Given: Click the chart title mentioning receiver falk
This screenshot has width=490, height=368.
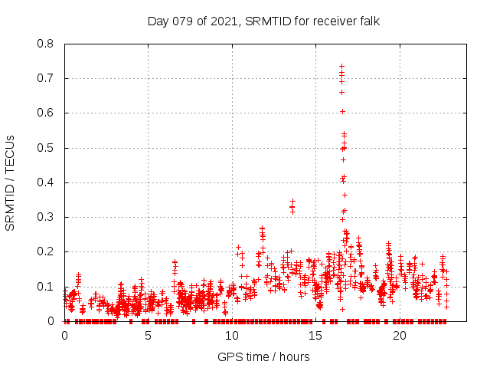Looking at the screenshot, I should tap(263, 21).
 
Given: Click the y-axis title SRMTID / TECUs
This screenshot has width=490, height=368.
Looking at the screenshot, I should tap(10, 183).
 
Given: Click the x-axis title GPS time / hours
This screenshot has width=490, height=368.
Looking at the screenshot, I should tap(263, 356).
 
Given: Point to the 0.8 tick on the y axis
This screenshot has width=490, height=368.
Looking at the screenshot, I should tap(46, 44).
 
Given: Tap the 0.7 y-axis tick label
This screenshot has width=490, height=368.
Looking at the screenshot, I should tap(46, 78).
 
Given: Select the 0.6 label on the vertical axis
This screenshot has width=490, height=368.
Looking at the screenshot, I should tap(46, 113).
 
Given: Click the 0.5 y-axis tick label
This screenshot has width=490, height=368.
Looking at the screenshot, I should tap(46, 148).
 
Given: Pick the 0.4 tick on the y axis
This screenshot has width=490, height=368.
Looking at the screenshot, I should tap(46, 182).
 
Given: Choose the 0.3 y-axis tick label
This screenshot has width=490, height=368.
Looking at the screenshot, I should tap(46, 217).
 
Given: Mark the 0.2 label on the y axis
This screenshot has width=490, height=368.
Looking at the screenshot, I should tap(46, 251).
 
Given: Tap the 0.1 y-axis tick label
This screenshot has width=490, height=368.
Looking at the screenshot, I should tap(46, 287).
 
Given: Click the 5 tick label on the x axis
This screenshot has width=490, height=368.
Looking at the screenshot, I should tap(148, 336).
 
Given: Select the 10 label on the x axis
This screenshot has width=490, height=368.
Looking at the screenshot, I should tap(232, 336).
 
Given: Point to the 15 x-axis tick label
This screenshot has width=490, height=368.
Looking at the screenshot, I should tap(315, 336).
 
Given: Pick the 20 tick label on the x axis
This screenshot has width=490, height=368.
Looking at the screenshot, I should tap(400, 336).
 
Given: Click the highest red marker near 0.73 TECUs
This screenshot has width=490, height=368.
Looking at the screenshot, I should tap(341, 66).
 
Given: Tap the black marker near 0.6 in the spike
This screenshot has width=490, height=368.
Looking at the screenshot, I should tap(342, 111).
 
